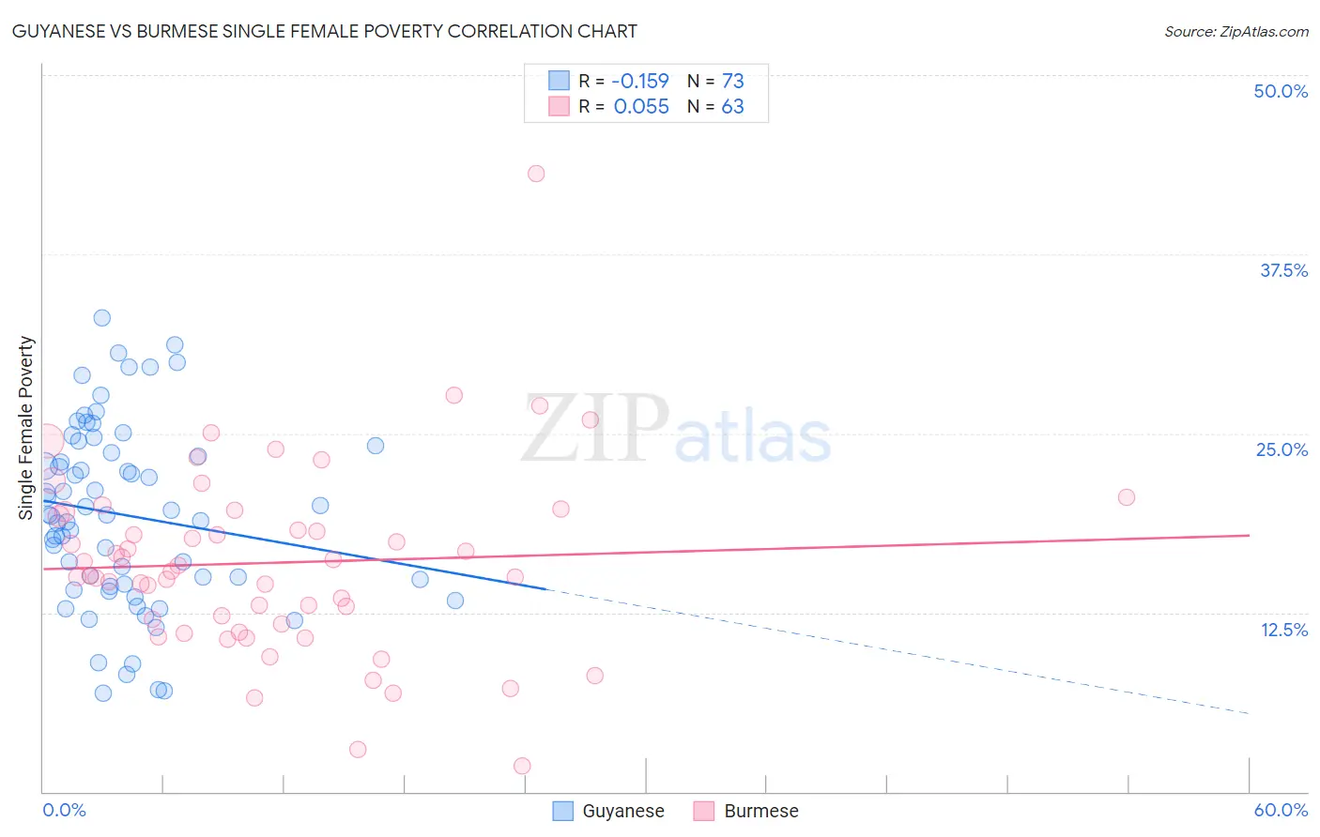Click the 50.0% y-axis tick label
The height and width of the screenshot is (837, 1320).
[x=1281, y=91]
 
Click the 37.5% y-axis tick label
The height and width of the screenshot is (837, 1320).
[x=1283, y=270]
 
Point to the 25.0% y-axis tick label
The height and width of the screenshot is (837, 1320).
[x=1282, y=449]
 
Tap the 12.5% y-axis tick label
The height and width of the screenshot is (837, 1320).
[x=1283, y=630]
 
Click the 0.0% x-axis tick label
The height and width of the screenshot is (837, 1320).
[x=64, y=810]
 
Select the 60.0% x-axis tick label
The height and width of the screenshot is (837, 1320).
[x=1281, y=810]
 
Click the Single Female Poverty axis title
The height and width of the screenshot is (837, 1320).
[x=26, y=428]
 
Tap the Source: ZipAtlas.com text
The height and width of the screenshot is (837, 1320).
[x=1236, y=31]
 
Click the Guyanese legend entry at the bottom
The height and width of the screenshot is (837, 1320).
[x=608, y=811]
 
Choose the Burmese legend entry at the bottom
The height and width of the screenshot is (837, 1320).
[x=746, y=811]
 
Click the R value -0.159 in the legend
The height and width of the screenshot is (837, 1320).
[x=640, y=81]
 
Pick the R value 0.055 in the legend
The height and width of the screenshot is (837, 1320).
[x=641, y=106]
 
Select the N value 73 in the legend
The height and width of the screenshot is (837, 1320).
[x=732, y=81]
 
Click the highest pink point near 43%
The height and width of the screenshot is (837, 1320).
[x=536, y=173]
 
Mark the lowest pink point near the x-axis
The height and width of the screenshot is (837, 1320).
[x=522, y=766]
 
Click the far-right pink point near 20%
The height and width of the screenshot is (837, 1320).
[x=1127, y=497]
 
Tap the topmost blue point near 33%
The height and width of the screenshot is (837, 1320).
[x=102, y=318]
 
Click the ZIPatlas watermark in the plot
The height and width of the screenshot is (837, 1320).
[x=676, y=430]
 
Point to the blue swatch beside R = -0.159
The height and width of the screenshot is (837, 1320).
[x=560, y=81]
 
